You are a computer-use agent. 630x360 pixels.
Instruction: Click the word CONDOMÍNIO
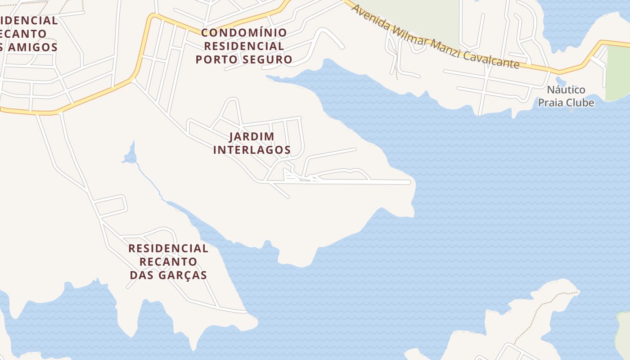[243, 32]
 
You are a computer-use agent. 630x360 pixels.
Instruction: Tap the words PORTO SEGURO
[243, 59]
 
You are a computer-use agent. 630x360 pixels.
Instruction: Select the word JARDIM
[252, 136]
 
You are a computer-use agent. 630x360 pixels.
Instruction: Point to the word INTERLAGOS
[252, 150]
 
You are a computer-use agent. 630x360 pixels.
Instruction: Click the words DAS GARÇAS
[168, 275]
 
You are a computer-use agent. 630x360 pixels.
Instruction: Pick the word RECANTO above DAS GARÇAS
[168, 261]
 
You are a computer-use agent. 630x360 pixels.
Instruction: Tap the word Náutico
[566, 90]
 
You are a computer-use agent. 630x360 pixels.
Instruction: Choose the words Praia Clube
[566, 103]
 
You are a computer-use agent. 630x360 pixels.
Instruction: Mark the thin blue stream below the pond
[149, 180]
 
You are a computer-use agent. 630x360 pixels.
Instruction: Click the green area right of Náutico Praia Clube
[617, 72]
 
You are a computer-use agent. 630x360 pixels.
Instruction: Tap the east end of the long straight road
[408, 182]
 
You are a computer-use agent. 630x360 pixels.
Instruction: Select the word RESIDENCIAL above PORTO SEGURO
[243, 46]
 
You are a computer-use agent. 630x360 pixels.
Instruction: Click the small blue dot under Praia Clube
[572, 110]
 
